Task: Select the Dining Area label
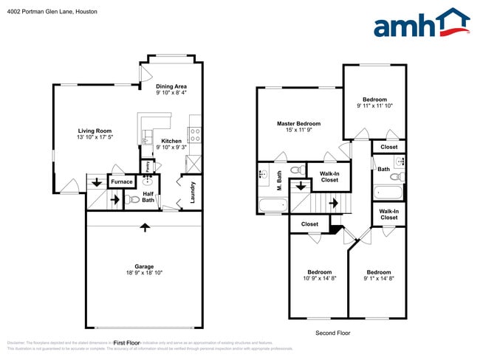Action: [171, 86]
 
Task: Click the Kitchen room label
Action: [171, 140]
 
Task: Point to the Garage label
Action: [143, 266]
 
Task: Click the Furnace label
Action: [122, 181]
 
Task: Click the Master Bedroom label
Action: [299, 123]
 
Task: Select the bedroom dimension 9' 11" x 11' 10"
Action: [375, 105]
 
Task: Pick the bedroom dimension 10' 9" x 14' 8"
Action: [319, 279]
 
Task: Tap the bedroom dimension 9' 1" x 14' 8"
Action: [379, 279]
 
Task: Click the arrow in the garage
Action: [145, 226]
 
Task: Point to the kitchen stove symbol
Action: [196, 134]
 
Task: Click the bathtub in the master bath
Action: [272, 205]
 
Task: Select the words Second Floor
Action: [333, 333]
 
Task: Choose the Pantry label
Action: [148, 167]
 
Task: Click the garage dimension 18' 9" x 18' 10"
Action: [143, 273]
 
